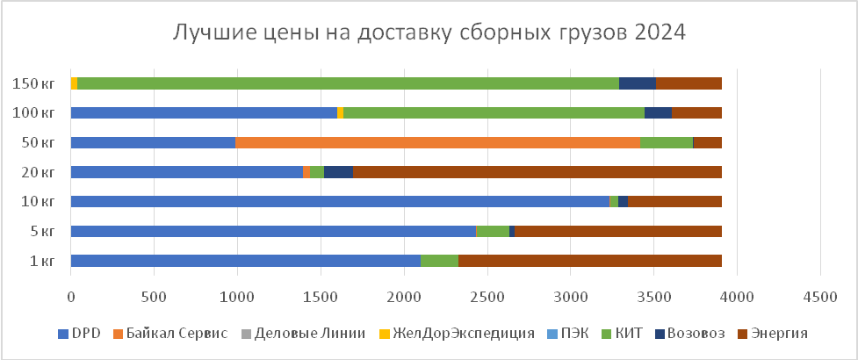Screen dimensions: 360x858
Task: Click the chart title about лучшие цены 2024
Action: [428, 32]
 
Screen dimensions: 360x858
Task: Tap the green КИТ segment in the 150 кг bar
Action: [348, 83]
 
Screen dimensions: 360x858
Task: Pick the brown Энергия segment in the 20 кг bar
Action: [537, 172]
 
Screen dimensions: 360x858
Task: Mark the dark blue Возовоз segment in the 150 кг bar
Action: [637, 83]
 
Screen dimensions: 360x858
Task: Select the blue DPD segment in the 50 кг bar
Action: [153, 142]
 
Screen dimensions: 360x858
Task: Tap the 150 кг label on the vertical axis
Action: [34, 83]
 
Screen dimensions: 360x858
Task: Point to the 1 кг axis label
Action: [43, 261]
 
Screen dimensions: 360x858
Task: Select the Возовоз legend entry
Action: [699, 334]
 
